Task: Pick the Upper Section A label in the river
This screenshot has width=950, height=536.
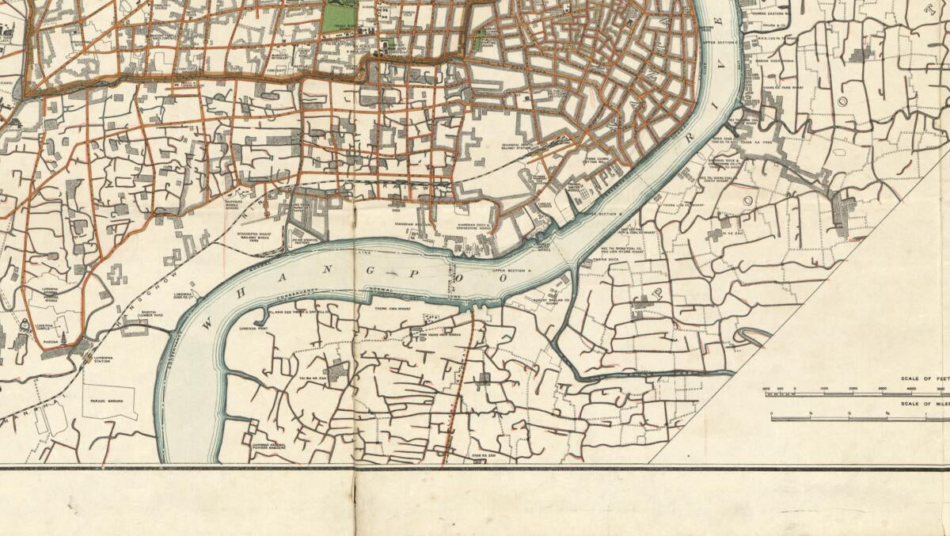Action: tap(509, 271)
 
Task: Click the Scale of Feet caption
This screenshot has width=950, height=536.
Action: tap(922, 379)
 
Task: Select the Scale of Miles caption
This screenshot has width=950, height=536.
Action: tap(922, 405)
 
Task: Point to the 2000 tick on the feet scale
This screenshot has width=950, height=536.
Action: tap(852, 389)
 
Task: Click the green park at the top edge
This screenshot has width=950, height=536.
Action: tap(339, 14)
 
